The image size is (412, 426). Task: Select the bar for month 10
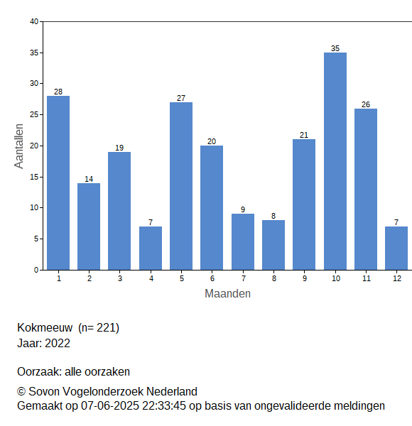pyautogui.click(x=335, y=161)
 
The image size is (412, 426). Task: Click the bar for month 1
pyautogui.click(x=58, y=183)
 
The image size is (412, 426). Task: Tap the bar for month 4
pyautogui.click(x=151, y=248)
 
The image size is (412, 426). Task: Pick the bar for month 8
pyautogui.click(x=273, y=245)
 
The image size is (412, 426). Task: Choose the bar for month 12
pyautogui.click(x=396, y=248)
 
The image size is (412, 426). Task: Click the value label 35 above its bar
pyautogui.click(x=335, y=48)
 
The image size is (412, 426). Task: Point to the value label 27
pyautogui.click(x=181, y=98)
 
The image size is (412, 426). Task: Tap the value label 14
pyautogui.click(x=89, y=179)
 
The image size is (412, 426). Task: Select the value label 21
pyautogui.click(x=304, y=135)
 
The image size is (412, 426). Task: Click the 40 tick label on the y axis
pyautogui.click(x=34, y=21)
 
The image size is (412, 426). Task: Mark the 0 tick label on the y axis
pyautogui.click(x=36, y=270)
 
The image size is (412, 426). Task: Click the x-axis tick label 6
pyautogui.click(x=212, y=278)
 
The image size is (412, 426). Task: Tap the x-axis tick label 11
pyautogui.click(x=366, y=278)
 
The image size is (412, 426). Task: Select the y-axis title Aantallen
pyautogui.click(x=19, y=146)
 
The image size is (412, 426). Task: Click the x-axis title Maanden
pyautogui.click(x=227, y=294)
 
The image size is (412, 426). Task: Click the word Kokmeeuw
pyautogui.click(x=45, y=327)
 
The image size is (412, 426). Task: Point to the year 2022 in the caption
pyautogui.click(x=58, y=343)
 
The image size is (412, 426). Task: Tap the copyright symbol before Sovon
pyautogui.click(x=21, y=391)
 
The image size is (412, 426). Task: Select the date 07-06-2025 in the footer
pyautogui.click(x=110, y=406)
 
